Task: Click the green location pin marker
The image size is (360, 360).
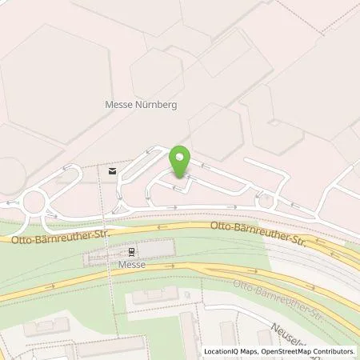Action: pyautogui.click(x=180, y=162)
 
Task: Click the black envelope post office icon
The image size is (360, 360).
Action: pyautogui.click(x=112, y=170)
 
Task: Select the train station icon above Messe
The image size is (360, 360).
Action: pyautogui.click(x=110, y=250)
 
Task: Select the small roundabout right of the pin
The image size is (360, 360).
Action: pyautogui.click(x=266, y=202)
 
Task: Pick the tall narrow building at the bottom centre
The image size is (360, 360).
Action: pyautogui.click(x=190, y=336)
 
